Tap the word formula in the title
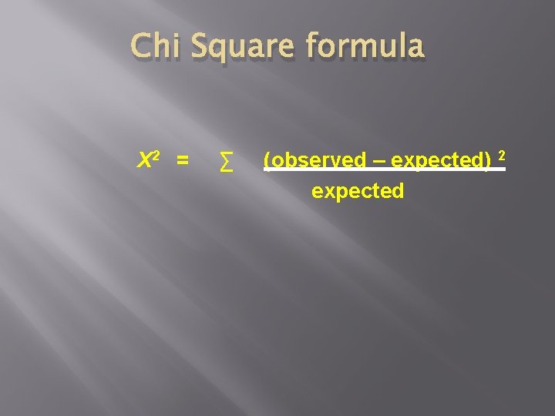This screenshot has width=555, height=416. [365, 47]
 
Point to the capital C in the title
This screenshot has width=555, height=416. [141, 47]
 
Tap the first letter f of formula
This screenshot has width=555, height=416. [311, 47]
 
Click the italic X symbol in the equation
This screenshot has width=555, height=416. [143, 161]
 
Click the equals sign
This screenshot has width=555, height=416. [182, 161]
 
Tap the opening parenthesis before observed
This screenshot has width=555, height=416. [266, 160]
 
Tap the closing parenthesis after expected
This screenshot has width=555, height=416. [488, 160]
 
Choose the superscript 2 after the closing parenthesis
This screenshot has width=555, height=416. [501, 156]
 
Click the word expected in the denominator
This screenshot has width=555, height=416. [358, 191]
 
